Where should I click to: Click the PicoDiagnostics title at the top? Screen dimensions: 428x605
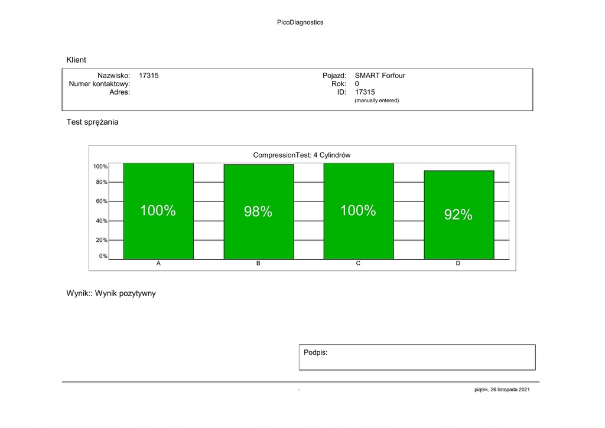300,22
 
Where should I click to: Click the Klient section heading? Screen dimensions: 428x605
76,60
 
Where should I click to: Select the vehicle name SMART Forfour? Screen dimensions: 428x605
379,76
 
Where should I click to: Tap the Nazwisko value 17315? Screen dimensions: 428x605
148,76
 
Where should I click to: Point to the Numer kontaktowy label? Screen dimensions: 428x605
99,84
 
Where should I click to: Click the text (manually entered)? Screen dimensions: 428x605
376,100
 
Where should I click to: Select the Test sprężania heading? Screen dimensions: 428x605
92,122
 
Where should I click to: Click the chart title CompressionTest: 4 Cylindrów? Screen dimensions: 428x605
302,155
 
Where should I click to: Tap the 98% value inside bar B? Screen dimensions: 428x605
258,212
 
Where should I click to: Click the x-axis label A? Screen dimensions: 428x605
158,263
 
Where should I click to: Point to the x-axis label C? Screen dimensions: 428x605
358,263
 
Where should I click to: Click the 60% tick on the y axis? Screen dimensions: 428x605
102,201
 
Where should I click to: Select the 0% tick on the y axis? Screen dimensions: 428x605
103,256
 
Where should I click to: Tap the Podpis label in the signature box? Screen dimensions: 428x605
315,352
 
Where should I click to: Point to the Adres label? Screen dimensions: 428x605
119,92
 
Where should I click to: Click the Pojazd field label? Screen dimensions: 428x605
334,76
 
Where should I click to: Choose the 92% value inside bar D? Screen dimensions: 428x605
458,215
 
